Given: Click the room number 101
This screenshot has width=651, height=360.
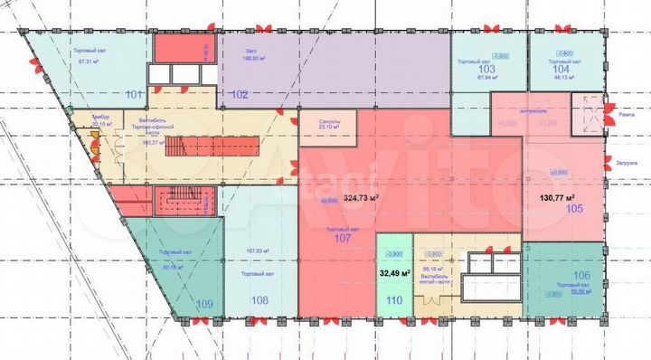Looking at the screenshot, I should pyautogui.click(x=136, y=94).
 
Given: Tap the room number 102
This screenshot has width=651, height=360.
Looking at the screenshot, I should pyautogui.click(x=240, y=94).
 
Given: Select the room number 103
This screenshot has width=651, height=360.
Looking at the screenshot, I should pyautogui.click(x=487, y=69).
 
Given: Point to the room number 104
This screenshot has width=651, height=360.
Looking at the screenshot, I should pyautogui.click(x=561, y=69).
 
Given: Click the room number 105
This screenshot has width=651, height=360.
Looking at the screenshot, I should pyautogui.click(x=575, y=209).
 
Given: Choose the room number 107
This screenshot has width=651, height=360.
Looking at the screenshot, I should pyautogui.click(x=343, y=240).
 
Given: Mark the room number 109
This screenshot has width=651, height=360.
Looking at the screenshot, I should pyautogui.click(x=206, y=304).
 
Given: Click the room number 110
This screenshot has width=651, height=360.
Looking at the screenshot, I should pyautogui.click(x=394, y=300).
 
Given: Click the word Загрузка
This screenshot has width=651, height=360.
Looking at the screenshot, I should pyautogui.click(x=627, y=165).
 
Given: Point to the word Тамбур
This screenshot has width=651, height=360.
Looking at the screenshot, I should pyautogui.click(x=99, y=118).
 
